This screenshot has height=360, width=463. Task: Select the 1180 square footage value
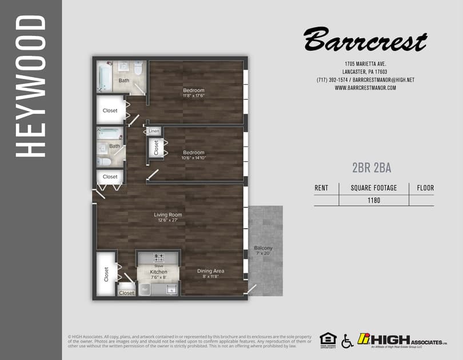374,200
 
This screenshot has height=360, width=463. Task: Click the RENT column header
322,187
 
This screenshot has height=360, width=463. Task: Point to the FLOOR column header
425,187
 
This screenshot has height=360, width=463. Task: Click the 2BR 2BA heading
372,167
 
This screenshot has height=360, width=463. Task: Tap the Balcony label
264,247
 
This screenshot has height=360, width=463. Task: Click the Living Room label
167,215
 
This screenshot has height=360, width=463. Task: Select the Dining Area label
210,271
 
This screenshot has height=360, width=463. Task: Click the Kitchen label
158,271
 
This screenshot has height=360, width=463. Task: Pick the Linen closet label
154,131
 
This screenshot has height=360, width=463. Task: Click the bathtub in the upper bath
104,77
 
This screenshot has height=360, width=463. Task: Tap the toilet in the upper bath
138,69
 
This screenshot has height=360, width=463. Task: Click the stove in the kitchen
159,258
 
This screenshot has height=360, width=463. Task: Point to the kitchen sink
171,289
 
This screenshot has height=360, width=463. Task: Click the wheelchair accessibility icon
347,341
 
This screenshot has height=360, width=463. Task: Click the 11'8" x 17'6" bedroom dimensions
194,96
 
